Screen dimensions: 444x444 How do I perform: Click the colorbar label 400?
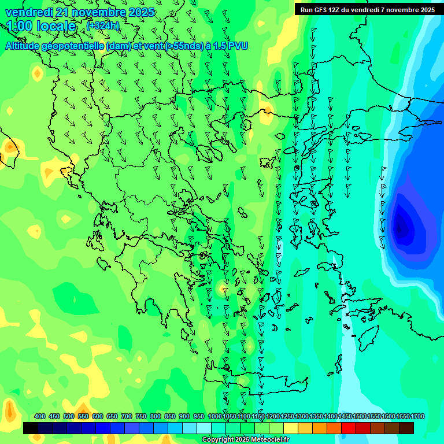40,417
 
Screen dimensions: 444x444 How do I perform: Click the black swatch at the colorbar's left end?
31,428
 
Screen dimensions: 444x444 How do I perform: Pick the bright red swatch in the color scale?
349,428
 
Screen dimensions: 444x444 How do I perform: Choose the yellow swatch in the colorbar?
291,428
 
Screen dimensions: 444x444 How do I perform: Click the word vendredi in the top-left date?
29,12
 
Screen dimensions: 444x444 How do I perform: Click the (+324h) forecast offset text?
103,26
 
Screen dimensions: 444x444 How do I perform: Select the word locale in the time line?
56,26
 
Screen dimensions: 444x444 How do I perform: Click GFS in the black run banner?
320,10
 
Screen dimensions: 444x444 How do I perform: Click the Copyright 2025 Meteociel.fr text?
245,440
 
